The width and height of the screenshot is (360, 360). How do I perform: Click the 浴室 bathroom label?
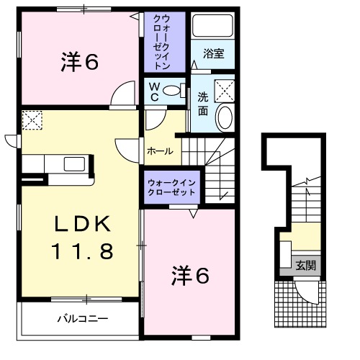[212, 53]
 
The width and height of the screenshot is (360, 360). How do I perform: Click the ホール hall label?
[159, 151]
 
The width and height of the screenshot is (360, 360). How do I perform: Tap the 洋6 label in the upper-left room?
[79, 63]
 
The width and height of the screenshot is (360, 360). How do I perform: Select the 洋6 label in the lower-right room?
[191, 275]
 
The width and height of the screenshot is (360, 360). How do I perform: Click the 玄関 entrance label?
[305, 264]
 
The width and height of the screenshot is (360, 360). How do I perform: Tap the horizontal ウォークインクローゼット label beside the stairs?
[173, 189]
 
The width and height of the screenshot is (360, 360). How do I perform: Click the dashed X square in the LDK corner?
[32, 118]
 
